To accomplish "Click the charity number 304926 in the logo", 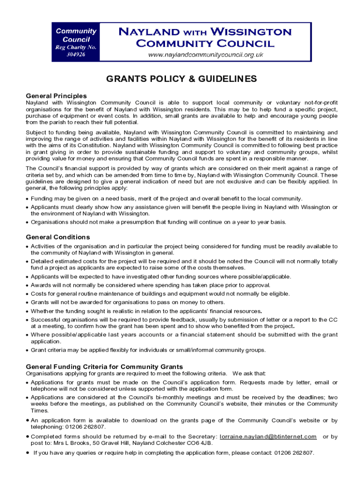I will pyautogui.click(x=76, y=54).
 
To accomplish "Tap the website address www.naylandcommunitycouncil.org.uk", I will pyautogui.click(x=206, y=55).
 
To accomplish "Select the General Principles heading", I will pyautogui.click(x=56, y=96).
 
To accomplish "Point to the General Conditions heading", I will pyautogui.click(x=58, y=237).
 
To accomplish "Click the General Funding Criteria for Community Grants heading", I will pyautogui.click(x=104, y=367).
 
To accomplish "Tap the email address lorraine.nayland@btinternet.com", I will pyautogui.click(x=268, y=436).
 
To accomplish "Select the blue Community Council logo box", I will pyautogui.click(x=76, y=43).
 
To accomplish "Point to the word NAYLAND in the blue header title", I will pyautogui.click(x=148, y=32).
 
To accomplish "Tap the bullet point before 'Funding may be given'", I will pyautogui.click(x=28, y=199).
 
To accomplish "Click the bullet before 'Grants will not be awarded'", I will pyautogui.click(x=28, y=303).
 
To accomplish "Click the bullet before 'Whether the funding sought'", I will pyautogui.click(x=28, y=312).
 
